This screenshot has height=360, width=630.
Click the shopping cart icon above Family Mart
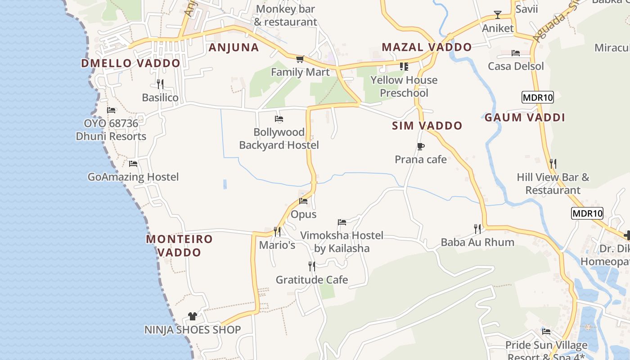[x=300, y=59]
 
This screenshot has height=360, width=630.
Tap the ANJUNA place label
[x=234, y=47]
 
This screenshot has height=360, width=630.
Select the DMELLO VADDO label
[x=130, y=63]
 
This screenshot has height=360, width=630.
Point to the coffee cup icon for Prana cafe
[x=421, y=146]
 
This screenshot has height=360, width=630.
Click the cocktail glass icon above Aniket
[x=498, y=15]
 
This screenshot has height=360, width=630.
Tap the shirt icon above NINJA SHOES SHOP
[x=193, y=316]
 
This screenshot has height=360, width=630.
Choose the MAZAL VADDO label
[x=427, y=47]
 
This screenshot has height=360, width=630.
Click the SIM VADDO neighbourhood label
[x=427, y=126]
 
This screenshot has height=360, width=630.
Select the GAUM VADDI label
[x=525, y=118]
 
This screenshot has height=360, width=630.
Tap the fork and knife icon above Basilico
[x=160, y=84]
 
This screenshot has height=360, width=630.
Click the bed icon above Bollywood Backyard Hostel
[x=279, y=119]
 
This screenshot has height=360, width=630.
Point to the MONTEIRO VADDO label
[x=179, y=245]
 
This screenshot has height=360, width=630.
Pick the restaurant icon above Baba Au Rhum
[x=477, y=229]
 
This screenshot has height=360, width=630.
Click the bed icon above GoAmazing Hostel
[x=133, y=164]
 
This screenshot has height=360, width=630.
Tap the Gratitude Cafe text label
[x=312, y=280]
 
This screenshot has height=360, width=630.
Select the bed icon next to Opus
[x=304, y=201]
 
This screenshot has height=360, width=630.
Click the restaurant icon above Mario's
[x=277, y=232]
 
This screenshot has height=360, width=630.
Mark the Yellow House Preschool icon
[x=404, y=67]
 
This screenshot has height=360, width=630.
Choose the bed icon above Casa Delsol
[x=516, y=53]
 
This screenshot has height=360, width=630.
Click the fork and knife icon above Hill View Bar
[x=553, y=164]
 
